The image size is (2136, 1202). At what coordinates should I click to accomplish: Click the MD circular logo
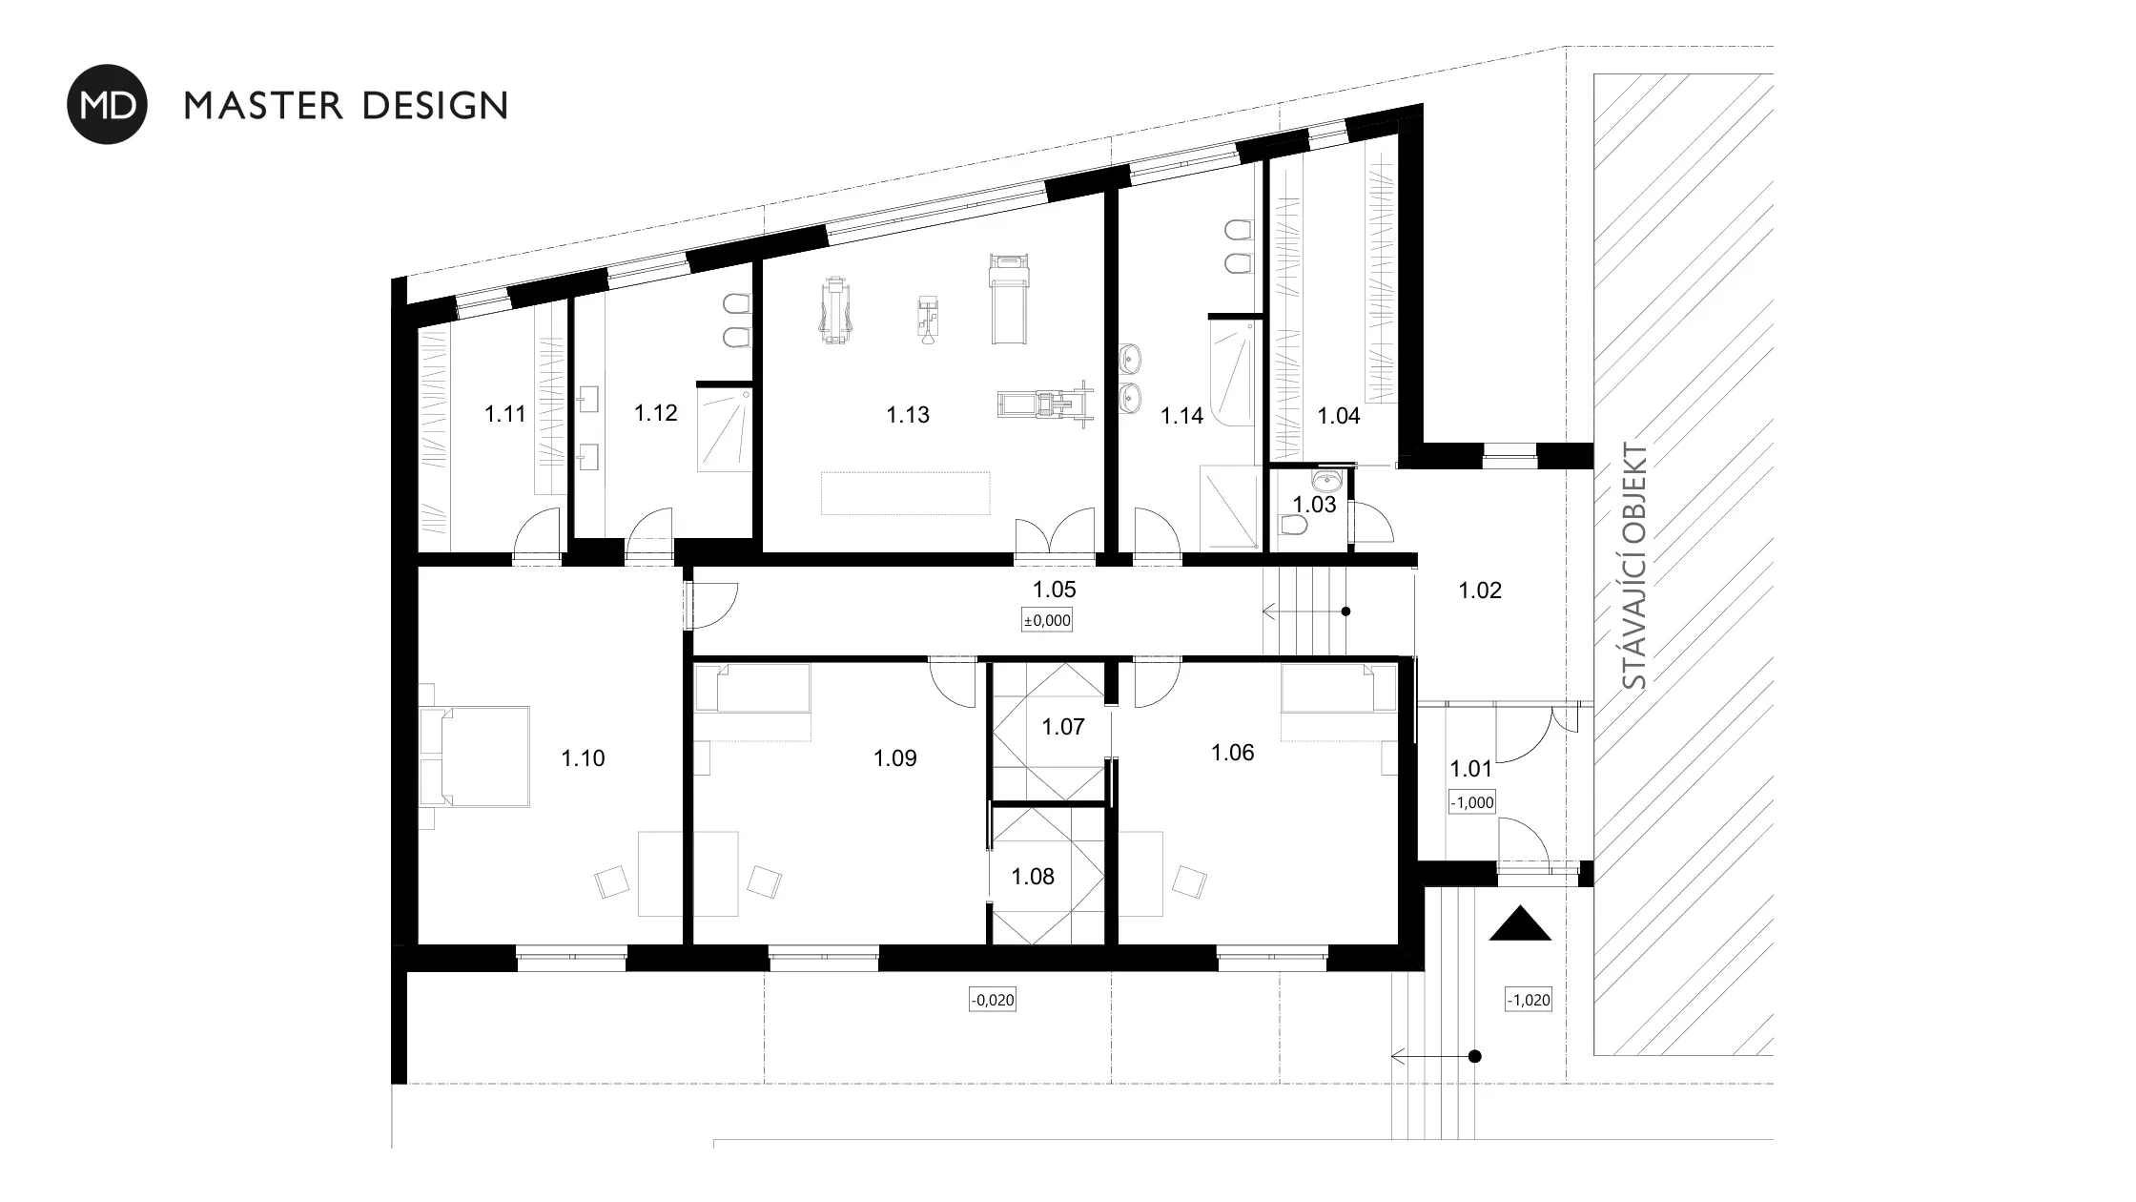107,104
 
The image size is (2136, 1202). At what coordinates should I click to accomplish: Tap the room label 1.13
907,415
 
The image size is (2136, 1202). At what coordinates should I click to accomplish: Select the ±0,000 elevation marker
1047,620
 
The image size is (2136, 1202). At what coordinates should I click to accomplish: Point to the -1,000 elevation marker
1471,802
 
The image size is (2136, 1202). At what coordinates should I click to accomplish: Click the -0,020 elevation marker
992,1000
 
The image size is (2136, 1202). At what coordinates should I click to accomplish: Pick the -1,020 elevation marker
1528,1000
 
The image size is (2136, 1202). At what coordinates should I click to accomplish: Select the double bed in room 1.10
475,756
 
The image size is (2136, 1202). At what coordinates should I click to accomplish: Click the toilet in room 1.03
1295,527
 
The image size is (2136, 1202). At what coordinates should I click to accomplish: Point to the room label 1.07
1063,727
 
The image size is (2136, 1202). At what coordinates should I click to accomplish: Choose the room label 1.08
1033,877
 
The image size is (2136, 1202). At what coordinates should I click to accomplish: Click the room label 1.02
1480,591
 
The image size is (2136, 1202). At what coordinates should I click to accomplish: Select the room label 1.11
504,414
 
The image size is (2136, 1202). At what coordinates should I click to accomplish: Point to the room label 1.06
1233,753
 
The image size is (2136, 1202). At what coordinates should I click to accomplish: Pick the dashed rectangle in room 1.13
906,493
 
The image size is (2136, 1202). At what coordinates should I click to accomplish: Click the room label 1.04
1339,416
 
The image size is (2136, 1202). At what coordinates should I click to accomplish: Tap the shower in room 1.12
725,428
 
